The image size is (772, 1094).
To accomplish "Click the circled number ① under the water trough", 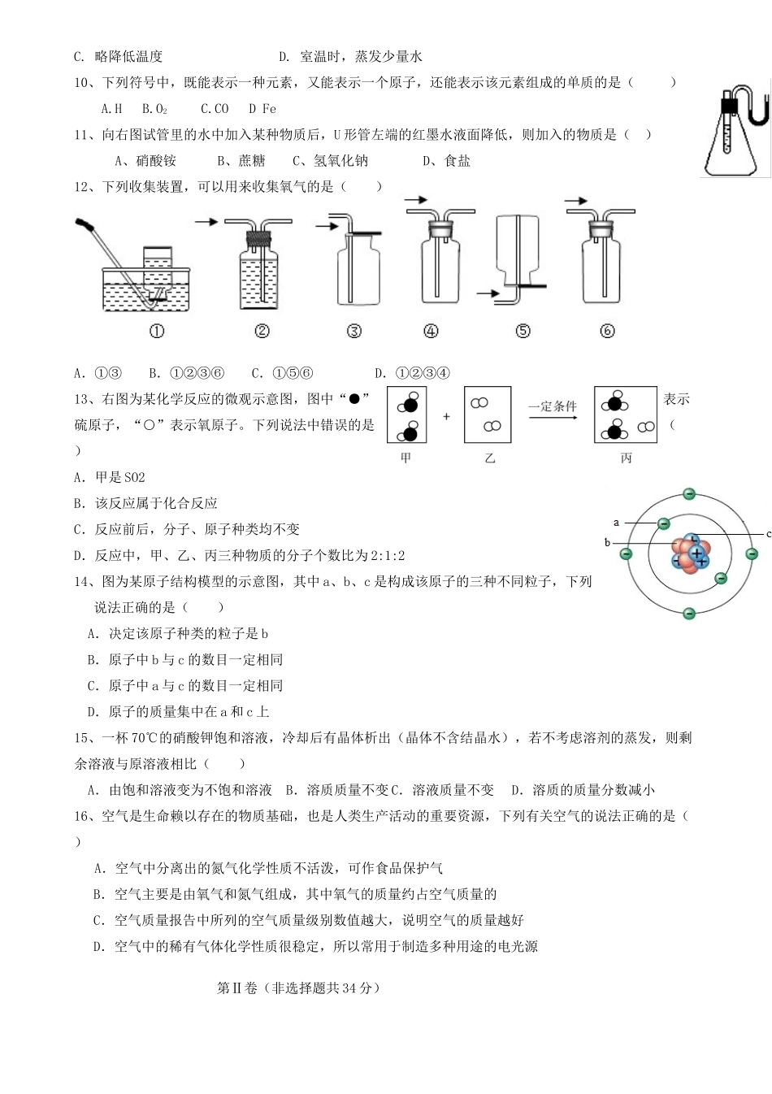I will click(157, 331).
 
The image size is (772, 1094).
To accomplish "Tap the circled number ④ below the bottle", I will click(431, 331).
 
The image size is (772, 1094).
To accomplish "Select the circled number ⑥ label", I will click(607, 331).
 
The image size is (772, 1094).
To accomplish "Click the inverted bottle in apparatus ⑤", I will click(517, 249).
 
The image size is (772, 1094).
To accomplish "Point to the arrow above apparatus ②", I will click(206, 221).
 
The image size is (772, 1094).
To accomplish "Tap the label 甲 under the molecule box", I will click(406, 458).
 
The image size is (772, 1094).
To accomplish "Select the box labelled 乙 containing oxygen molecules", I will click(488, 415).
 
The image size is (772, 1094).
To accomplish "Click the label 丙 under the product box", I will click(626, 458).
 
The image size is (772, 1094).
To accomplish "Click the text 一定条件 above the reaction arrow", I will click(553, 406).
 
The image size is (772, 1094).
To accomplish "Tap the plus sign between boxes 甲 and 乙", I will click(446, 416).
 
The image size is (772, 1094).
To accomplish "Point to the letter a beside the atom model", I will click(617, 523).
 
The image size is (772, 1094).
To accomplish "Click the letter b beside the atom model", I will click(608, 542).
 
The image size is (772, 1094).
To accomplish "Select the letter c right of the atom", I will click(768, 534).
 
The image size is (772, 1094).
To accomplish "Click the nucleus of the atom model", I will click(691, 554).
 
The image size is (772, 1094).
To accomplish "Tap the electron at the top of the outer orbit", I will click(689, 493).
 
